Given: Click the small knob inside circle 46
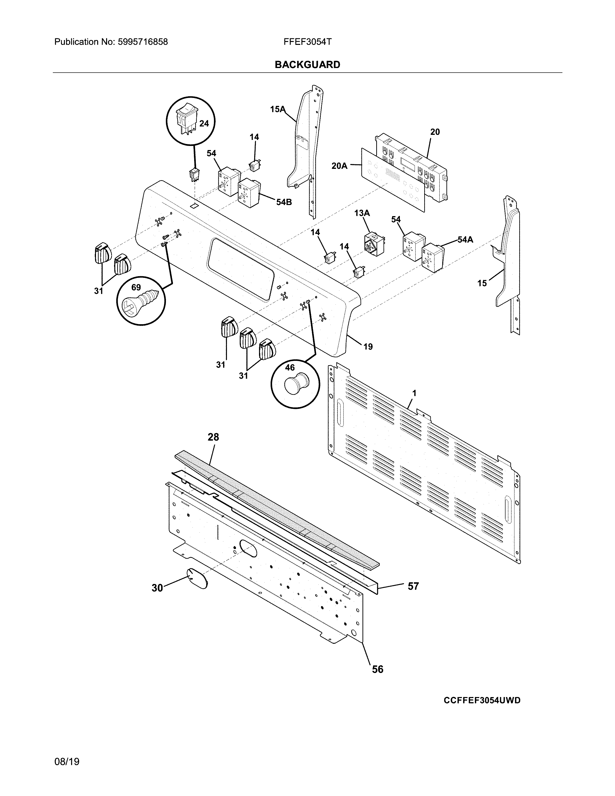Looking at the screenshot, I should [x=295, y=385].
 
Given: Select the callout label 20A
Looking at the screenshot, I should [x=339, y=166].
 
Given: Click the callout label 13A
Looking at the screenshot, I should [x=362, y=213].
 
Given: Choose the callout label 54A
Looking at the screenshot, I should [x=465, y=240].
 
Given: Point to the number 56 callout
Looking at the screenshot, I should [x=377, y=669].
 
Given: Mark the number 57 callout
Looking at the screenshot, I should [x=413, y=586].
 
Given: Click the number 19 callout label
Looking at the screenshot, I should [x=368, y=347].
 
